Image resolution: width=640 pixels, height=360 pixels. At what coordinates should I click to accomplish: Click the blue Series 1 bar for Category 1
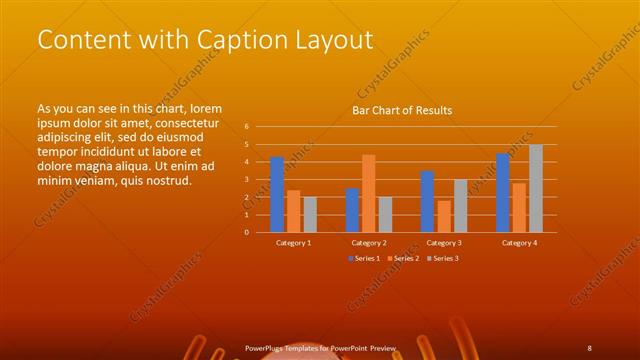coord(277,194)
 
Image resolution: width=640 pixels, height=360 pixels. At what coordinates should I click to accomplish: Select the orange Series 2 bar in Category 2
coord(369,193)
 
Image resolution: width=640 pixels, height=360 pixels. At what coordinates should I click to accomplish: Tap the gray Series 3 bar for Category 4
coord(536,188)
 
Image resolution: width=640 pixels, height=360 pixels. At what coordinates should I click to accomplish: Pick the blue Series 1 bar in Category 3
coord(427,201)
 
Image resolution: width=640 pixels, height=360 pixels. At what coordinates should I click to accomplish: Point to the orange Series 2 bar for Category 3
coord(444,216)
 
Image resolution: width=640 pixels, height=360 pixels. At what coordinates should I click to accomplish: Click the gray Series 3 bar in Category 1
coord(310,214)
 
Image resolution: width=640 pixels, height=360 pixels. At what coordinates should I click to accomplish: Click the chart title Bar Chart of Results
coord(402,110)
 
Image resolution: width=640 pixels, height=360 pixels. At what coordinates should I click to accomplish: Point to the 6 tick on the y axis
coord(246,127)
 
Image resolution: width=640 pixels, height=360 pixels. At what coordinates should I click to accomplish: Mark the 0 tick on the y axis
coord(246,232)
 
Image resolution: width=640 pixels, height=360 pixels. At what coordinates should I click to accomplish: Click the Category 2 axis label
coord(369,243)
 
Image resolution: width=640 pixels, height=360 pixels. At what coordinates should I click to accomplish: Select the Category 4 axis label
coord(519,243)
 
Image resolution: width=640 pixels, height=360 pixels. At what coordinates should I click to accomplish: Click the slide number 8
coord(590,348)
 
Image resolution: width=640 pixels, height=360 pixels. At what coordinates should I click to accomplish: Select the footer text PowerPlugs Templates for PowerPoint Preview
coord(321,348)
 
